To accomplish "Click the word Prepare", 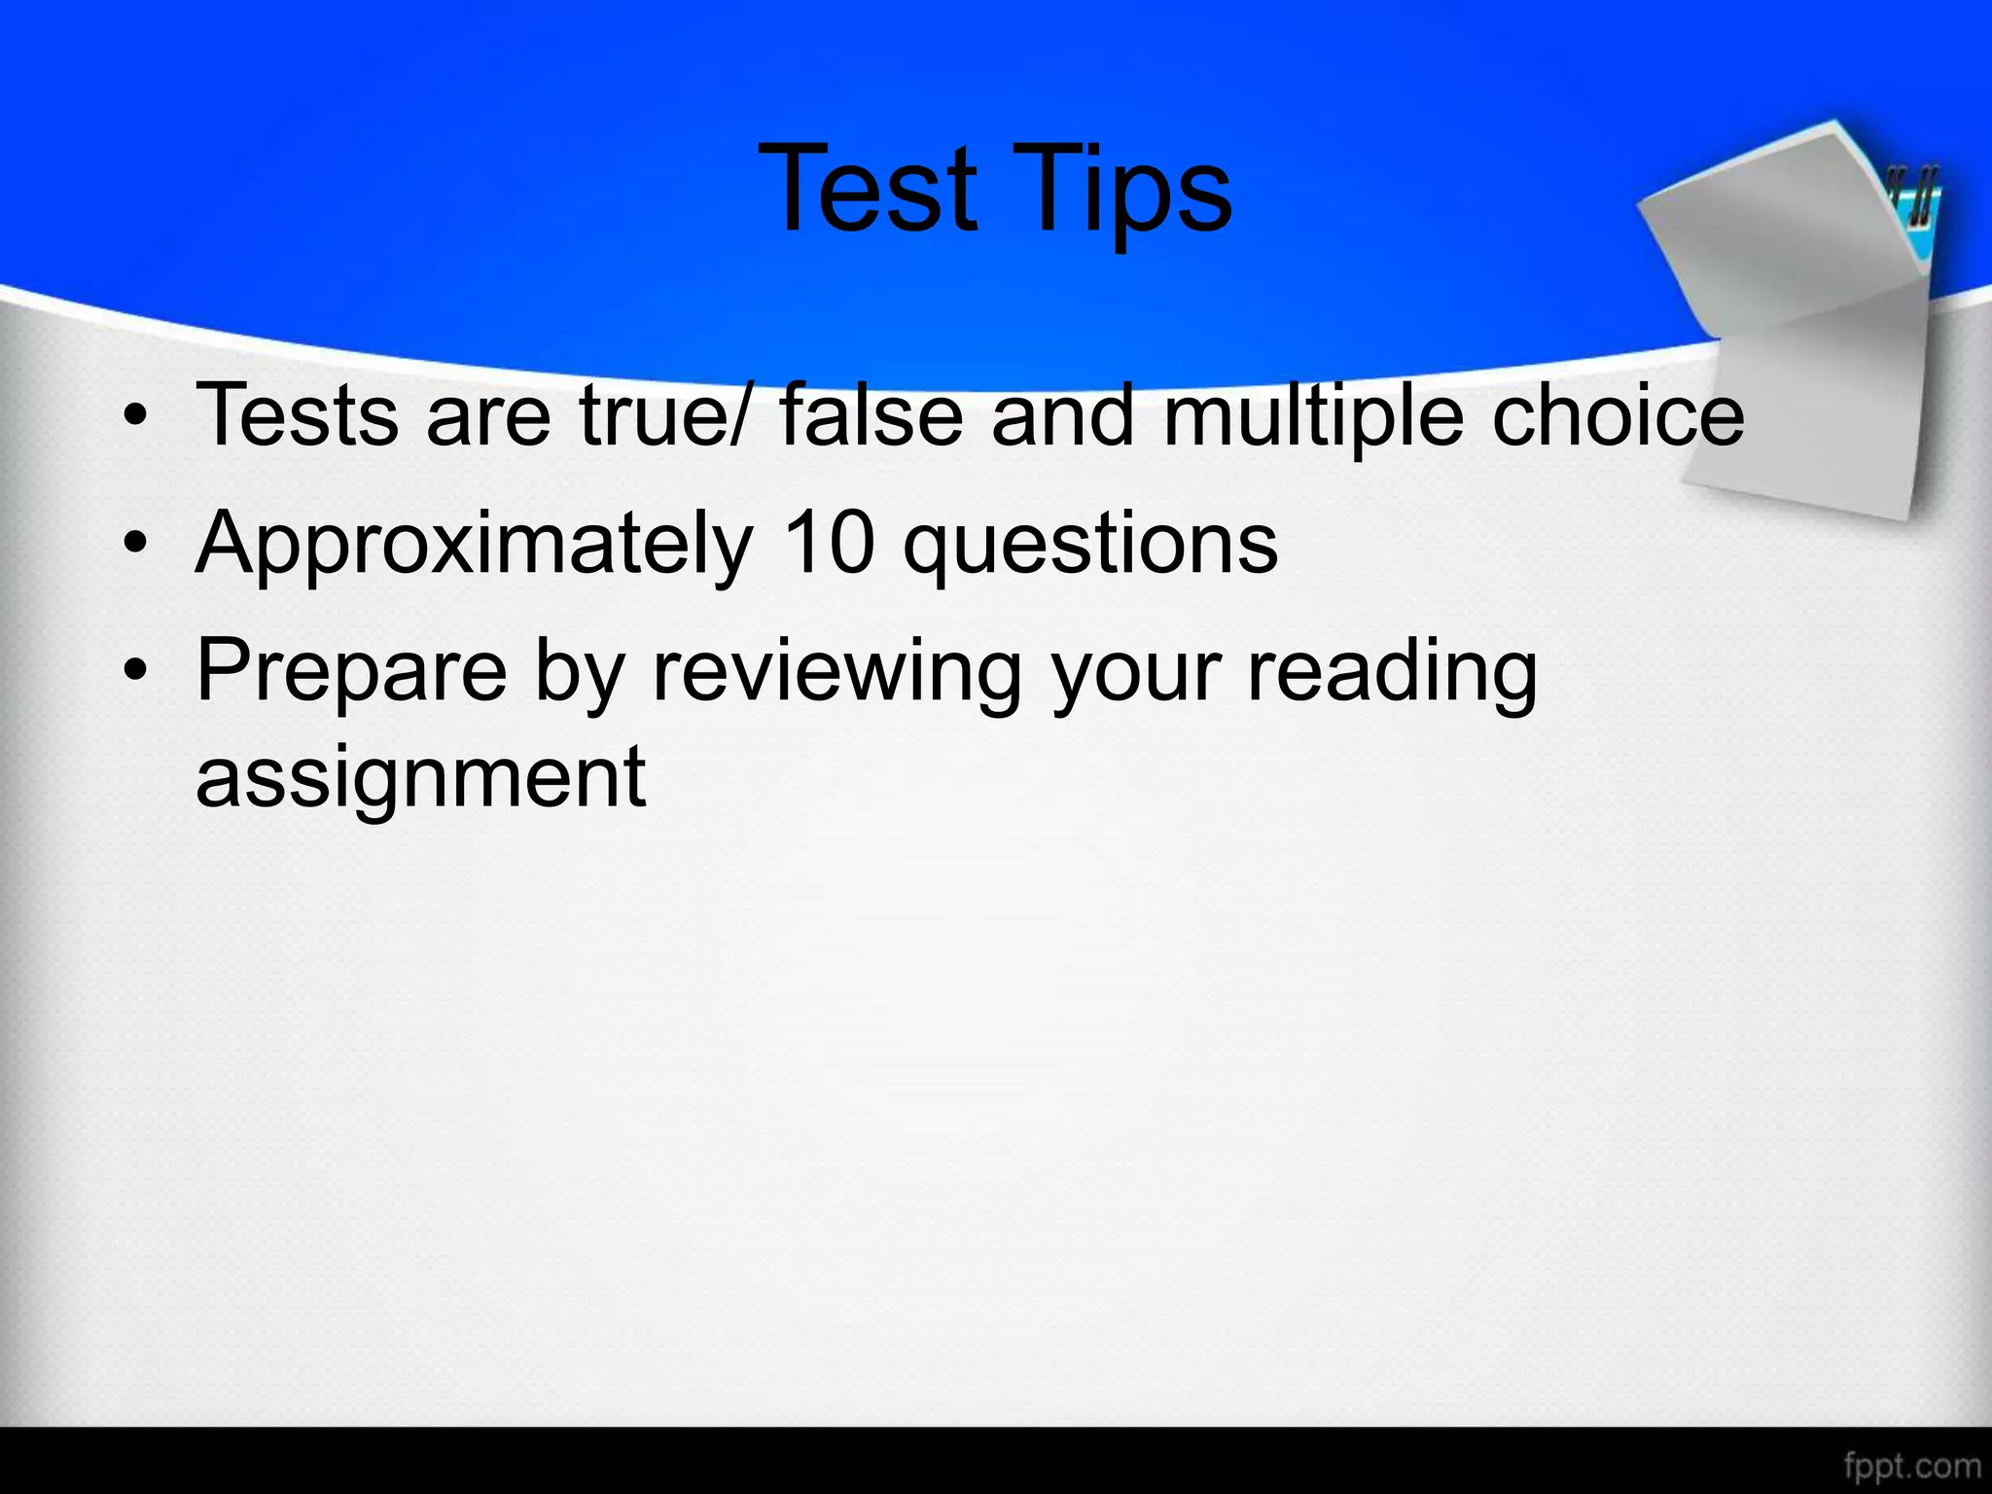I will pos(351,673).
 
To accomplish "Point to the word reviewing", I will pos(836,673).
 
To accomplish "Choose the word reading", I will pos(1392,673).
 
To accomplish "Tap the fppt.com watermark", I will pos(1912,1465).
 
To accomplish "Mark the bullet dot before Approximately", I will pos(136,545).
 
